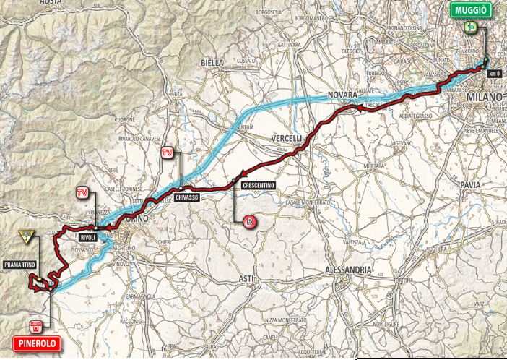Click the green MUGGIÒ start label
coord(472,9)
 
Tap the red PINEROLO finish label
coord(35,345)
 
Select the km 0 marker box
coord(494,73)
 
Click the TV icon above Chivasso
coord(168,153)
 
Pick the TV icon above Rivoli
coord(84,192)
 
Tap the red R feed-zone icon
coord(250,221)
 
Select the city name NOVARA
coord(343,95)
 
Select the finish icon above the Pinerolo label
coord(35,325)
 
